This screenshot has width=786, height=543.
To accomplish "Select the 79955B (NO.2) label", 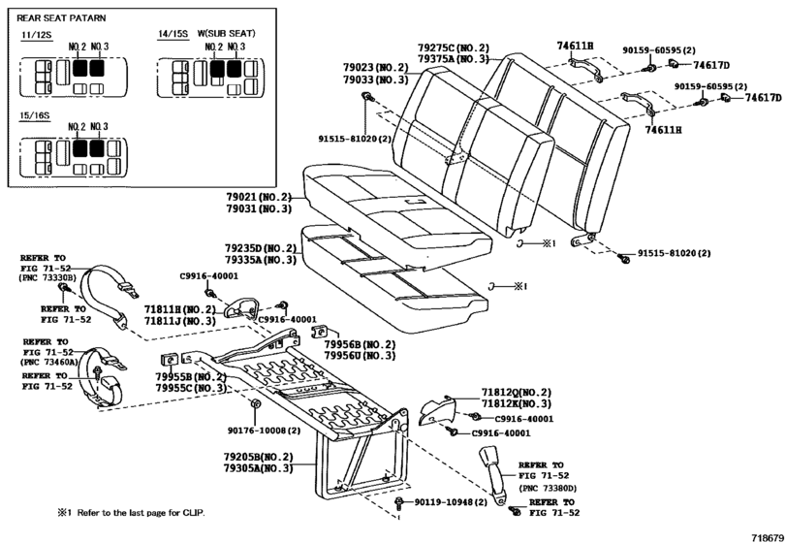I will click(x=192, y=376).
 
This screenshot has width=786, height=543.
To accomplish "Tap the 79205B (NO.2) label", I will click(x=258, y=456).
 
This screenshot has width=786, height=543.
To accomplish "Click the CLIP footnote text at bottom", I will click(x=131, y=512).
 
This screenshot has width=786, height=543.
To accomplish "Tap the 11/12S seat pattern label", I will click(x=33, y=35).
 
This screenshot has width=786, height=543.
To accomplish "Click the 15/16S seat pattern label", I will click(x=33, y=113).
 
